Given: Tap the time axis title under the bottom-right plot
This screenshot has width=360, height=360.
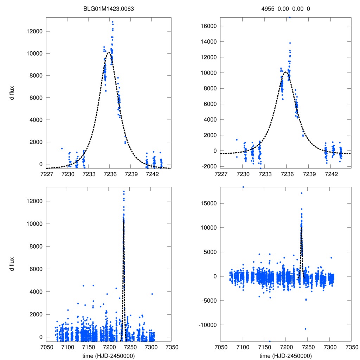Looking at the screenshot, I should click(x=285, y=355).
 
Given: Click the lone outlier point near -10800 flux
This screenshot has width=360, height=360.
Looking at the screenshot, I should click(x=306, y=329).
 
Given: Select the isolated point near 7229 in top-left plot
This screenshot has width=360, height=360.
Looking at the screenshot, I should click(x=62, y=148).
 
